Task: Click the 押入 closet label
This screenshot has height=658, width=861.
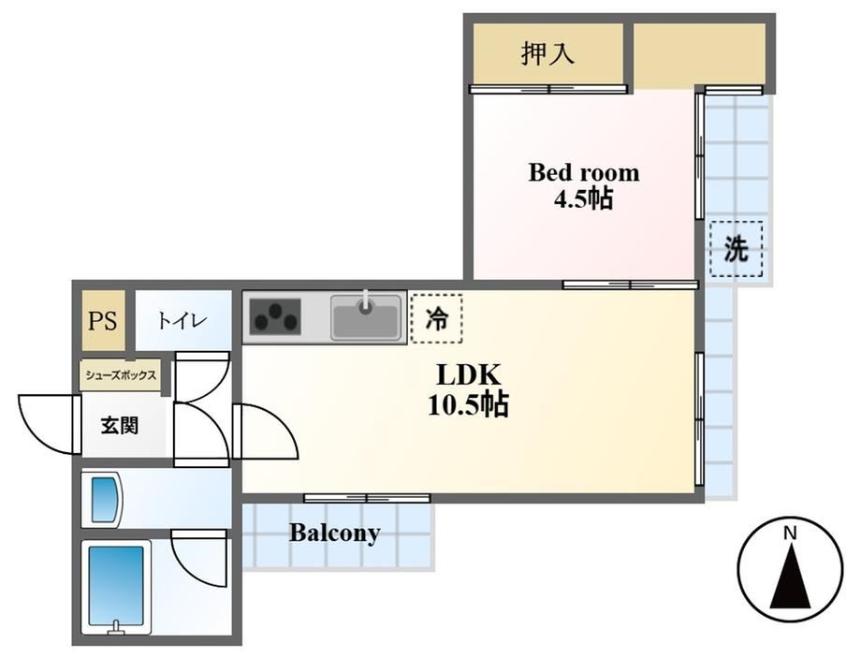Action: tap(547, 54)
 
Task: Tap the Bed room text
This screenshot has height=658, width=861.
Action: tap(584, 173)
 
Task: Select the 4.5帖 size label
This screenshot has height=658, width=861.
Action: tap(583, 198)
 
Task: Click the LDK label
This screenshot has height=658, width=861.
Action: tap(468, 375)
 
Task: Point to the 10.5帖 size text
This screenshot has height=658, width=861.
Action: tap(468, 405)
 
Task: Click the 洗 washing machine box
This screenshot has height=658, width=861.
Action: tap(736, 249)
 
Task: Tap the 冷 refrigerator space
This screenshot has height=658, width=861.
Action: tap(436, 318)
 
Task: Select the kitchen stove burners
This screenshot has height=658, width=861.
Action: tap(275, 317)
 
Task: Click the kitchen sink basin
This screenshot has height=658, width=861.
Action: tap(366, 317)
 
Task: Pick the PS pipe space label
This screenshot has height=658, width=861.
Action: tap(103, 321)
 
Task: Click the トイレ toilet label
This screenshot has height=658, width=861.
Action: tap(182, 320)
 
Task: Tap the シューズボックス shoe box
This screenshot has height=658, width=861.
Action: tap(121, 375)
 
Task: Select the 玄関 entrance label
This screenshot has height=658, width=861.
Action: tap(119, 426)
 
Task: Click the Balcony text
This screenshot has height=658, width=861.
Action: tap(335, 533)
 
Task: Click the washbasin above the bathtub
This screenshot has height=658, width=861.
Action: tap(103, 500)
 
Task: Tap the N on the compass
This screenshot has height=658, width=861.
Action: tap(790, 533)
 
